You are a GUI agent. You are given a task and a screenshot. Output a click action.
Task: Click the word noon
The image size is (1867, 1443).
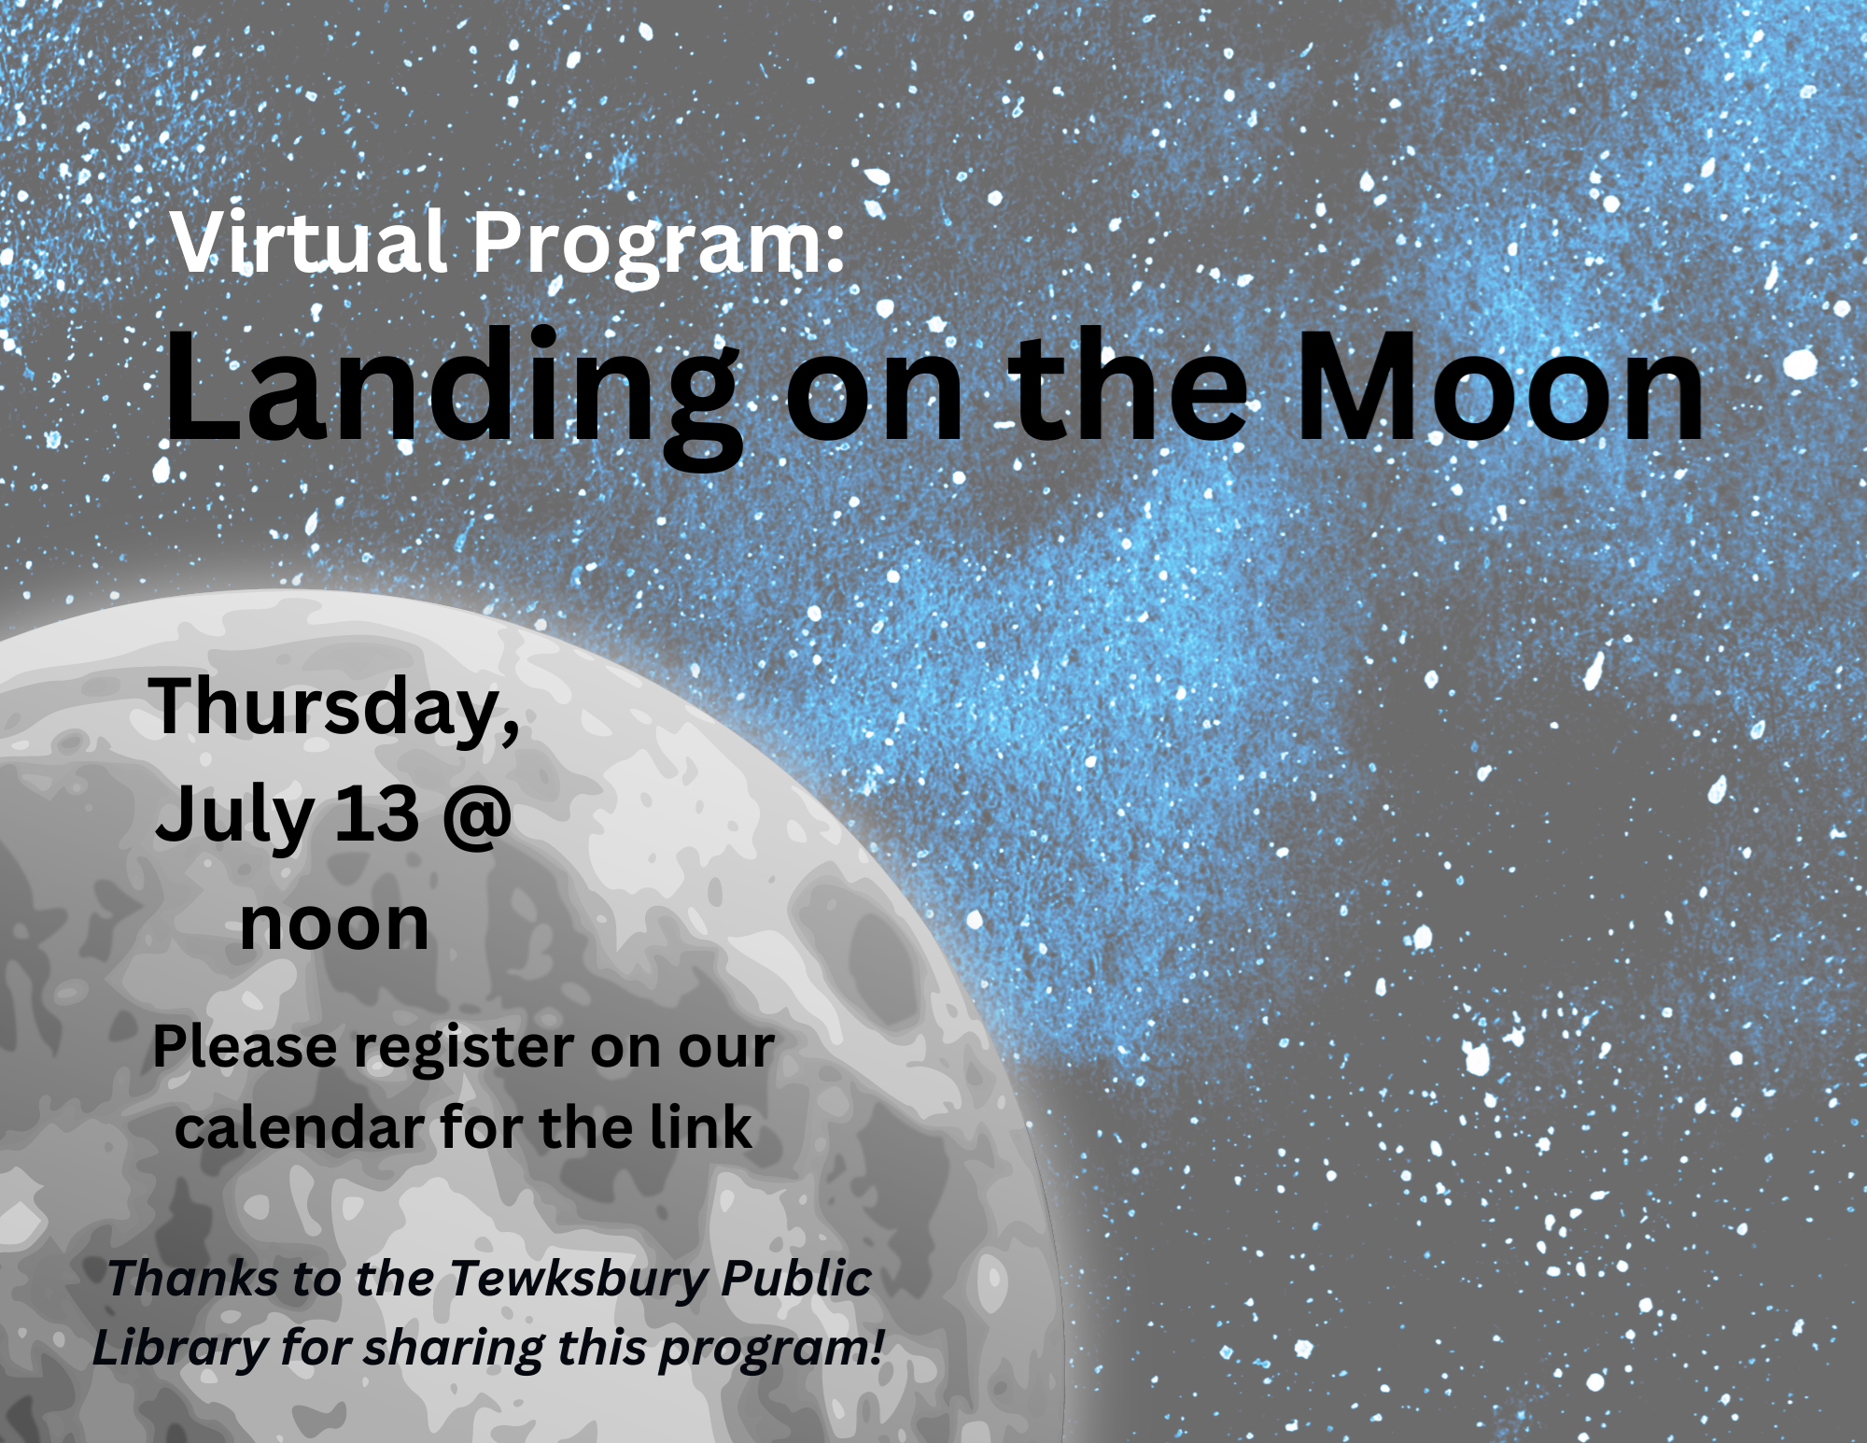coord(334,925)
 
